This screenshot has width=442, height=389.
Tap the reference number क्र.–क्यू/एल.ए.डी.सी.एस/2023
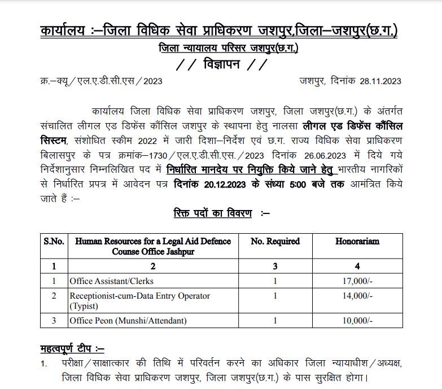click(x=102, y=81)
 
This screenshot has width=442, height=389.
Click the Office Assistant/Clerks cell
click(x=111, y=281)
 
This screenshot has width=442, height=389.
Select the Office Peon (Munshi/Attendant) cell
click(x=128, y=321)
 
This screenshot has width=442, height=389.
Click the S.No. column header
click(x=54, y=241)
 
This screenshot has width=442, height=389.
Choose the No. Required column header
click(x=275, y=241)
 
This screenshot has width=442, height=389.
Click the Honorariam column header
click(x=357, y=241)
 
